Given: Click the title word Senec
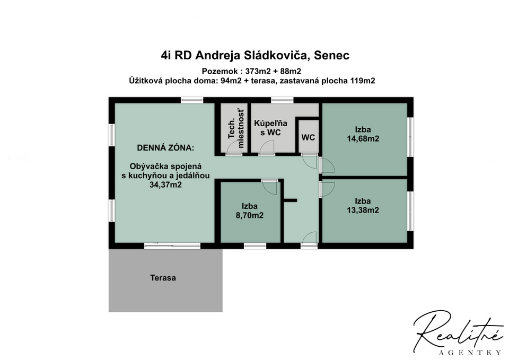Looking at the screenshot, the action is point(332,55).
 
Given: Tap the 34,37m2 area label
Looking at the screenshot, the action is point(165,185).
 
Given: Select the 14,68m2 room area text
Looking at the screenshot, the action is point(363,138).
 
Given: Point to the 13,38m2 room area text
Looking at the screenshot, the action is point(363,210).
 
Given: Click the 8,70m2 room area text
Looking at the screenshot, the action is point(250,215).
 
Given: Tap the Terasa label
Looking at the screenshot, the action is point(163,278).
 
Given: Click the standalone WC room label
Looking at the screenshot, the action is point(308,137).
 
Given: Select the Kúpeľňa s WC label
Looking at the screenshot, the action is point(270,128).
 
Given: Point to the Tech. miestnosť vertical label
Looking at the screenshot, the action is point(236,129).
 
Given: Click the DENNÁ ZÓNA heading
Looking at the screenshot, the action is point(165,148).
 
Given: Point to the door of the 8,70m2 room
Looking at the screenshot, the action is point(269,187).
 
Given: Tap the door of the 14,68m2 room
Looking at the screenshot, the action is point(327,165).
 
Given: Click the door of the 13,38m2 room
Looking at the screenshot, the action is point(327,190).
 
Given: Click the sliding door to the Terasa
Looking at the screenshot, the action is point(172,245).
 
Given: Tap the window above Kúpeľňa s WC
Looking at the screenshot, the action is point(282,100).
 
